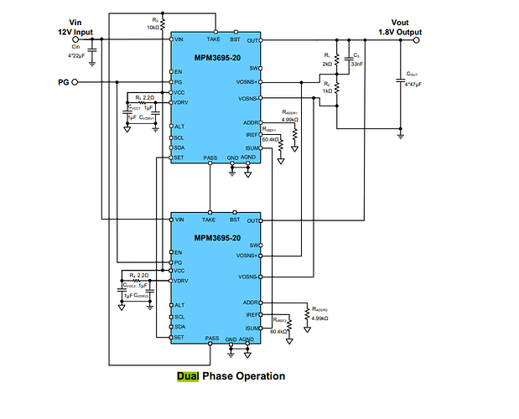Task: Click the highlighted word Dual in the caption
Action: [x=188, y=376]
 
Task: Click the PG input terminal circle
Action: [x=75, y=82]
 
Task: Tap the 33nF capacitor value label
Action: [x=357, y=64]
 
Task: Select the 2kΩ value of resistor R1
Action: [x=328, y=64]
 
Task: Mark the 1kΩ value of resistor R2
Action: [x=327, y=90]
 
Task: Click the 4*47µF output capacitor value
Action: [x=411, y=85]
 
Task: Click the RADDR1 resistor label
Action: [x=290, y=111]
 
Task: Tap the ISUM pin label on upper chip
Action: [x=252, y=147]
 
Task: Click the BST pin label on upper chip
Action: [x=235, y=39]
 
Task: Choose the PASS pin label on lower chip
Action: [x=210, y=339]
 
